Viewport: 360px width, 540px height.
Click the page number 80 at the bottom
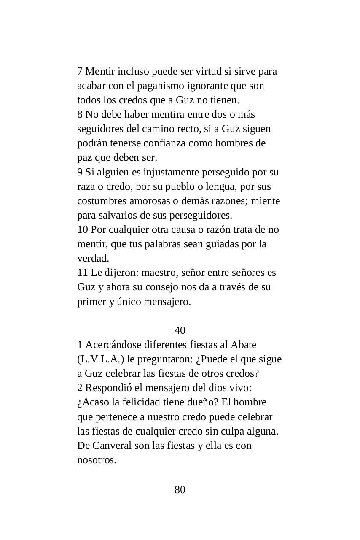[x=180, y=490]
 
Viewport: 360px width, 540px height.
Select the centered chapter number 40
[x=180, y=330]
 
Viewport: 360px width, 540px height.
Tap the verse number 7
[x=80, y=71]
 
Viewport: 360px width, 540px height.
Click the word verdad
[x=93, y=258]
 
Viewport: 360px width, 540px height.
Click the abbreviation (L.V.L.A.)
[x=101, y=359]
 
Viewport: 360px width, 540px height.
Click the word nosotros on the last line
[x=96, y=460]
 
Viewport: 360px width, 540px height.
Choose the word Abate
[x=244, y=345]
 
